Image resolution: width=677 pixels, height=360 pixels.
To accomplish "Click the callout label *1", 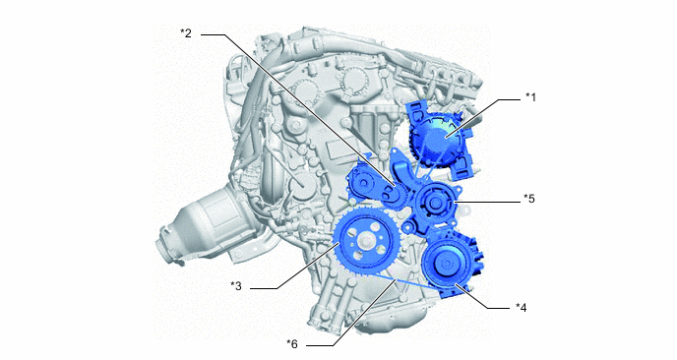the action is tap(530, 97).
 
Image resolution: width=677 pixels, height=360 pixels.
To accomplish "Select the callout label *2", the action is tap(186, 33).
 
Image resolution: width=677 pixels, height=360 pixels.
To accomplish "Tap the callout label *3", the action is tap(236, 286).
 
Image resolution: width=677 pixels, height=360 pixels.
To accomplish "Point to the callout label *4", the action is tap(522, 307).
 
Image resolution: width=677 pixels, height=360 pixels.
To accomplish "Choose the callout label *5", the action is tap(529, 199).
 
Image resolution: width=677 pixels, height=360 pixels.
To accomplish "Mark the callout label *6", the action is tap(292, 344).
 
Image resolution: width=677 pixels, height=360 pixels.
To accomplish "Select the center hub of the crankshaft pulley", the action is tap(365, 241).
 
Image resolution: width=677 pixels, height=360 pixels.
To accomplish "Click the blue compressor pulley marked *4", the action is tap(447, 264).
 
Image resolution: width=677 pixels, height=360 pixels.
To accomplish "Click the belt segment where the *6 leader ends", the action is tap(396, 280).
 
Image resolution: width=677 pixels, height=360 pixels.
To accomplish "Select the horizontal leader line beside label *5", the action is tap(487, 202).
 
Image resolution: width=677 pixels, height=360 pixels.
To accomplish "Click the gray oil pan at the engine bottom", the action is tap(389, 320).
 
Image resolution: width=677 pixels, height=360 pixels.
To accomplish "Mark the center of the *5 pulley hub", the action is tap(434, 203).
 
